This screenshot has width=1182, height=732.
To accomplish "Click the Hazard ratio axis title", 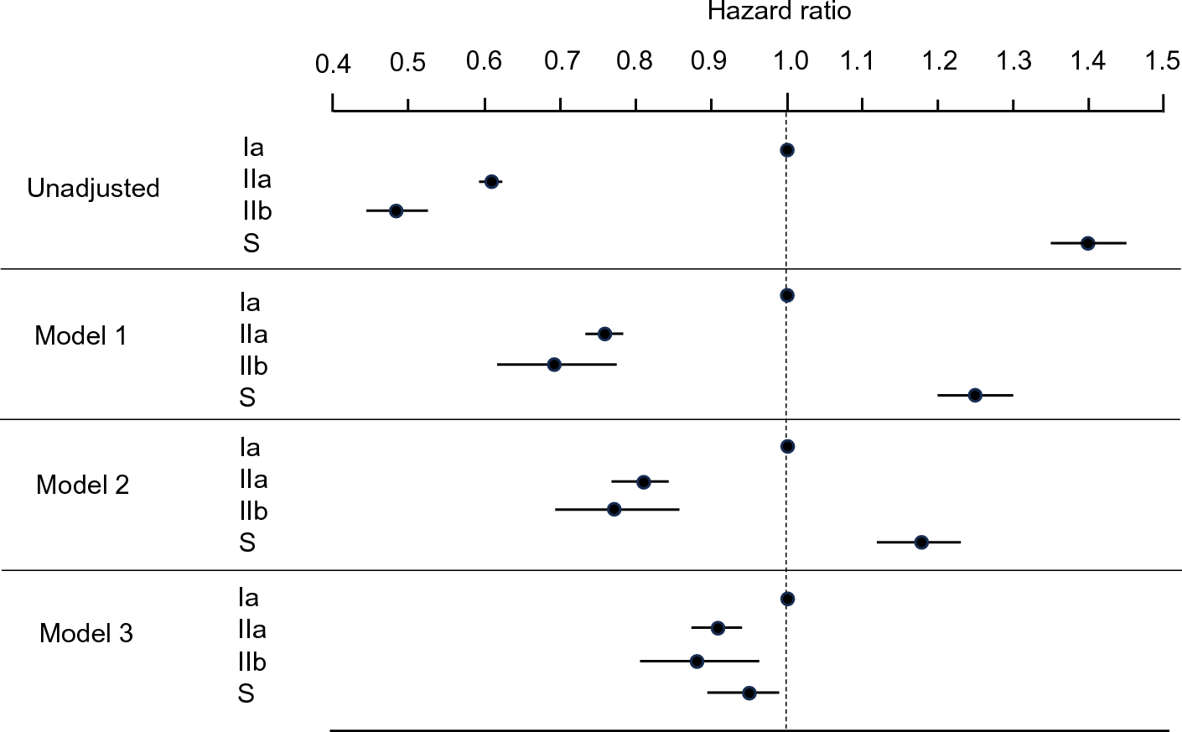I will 779,11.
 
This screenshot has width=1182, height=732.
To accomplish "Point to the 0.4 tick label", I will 333,64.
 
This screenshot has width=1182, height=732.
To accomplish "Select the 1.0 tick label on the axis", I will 790,60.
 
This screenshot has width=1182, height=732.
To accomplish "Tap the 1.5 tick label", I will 1163,60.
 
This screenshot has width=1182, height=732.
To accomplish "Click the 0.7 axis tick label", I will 561,60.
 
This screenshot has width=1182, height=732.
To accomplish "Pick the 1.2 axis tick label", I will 940,60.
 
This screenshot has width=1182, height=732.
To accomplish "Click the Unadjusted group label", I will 93,188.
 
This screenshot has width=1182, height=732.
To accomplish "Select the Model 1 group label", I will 80,336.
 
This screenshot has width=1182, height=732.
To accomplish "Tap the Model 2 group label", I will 82,485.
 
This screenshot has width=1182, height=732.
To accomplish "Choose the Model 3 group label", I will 86,633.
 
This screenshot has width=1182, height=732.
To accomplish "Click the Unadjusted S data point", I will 1087,243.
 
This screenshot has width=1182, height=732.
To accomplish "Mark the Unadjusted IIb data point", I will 396,210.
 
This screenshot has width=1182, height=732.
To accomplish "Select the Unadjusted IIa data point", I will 491,182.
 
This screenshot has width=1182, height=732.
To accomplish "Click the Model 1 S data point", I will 974,395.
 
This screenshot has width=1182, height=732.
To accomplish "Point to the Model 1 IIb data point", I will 553,364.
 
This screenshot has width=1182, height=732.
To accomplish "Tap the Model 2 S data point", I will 921,543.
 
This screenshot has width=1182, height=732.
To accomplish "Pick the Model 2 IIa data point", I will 643,482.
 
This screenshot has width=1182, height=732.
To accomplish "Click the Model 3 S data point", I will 749,693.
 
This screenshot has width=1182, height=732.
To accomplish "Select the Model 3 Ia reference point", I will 786,599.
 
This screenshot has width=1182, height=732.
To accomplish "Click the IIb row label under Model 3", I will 251,662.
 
